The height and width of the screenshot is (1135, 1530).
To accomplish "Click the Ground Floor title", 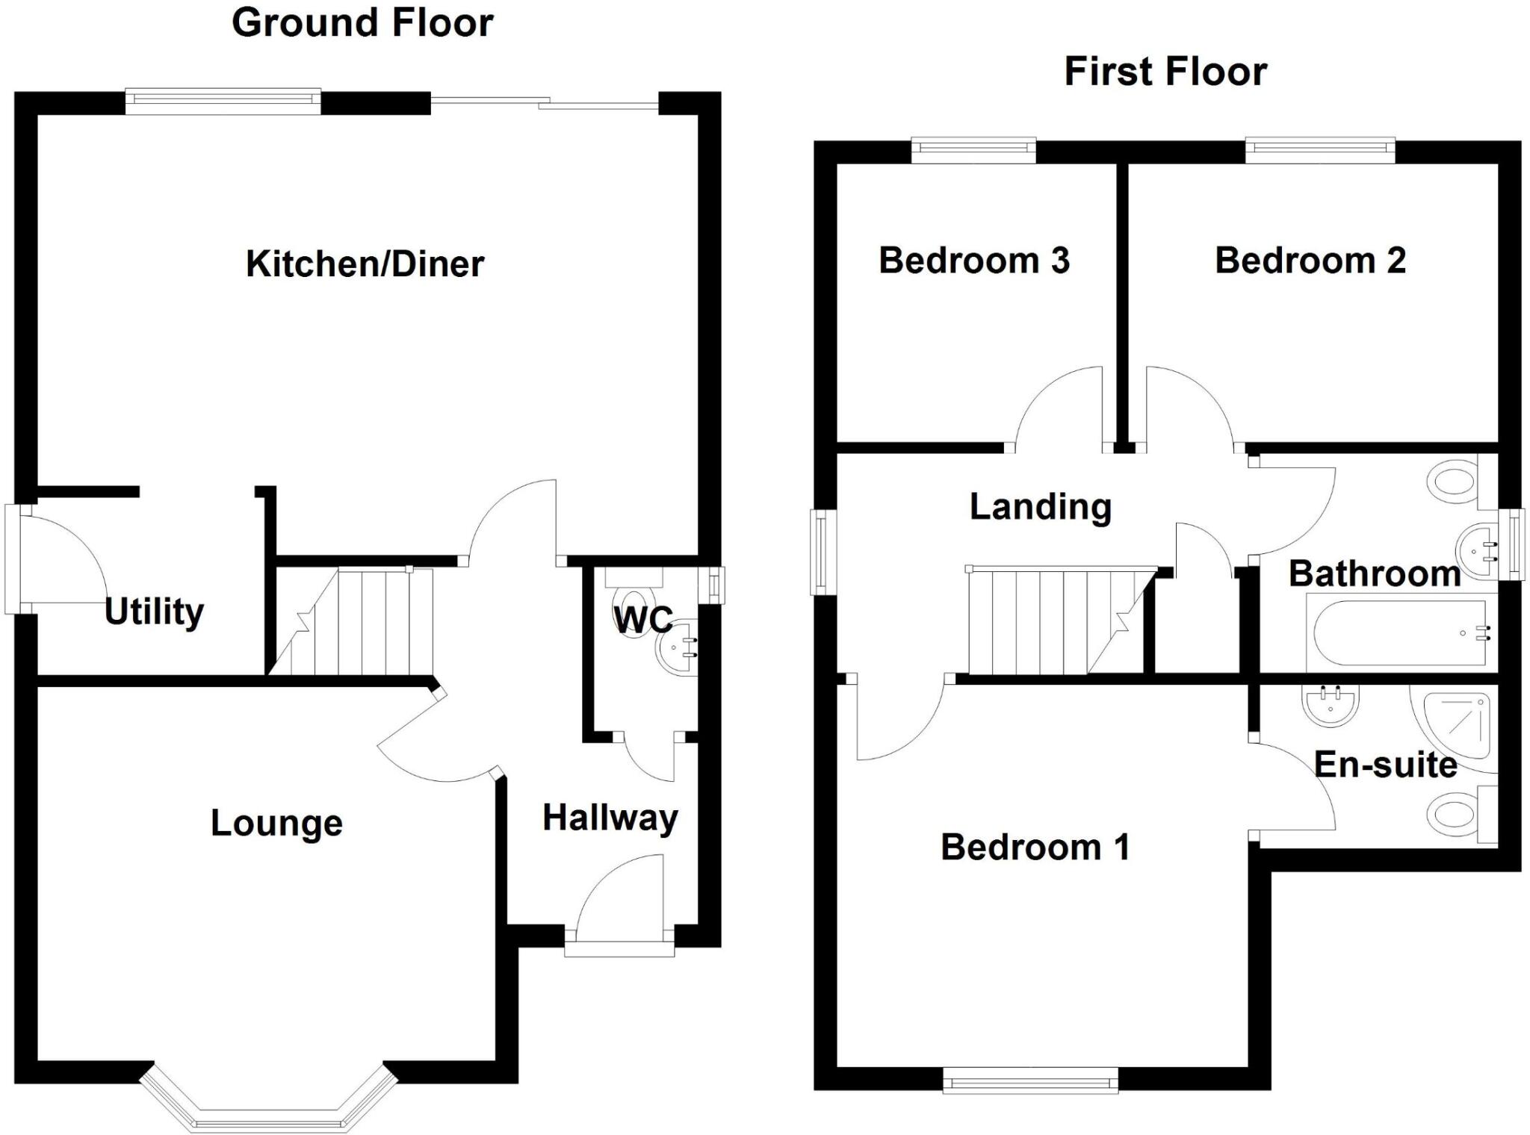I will coord(362,22).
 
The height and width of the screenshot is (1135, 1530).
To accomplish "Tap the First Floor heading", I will coord(1165,72).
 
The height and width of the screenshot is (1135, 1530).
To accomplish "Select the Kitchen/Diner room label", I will coord(365,264).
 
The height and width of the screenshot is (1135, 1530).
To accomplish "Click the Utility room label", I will coord(154,612).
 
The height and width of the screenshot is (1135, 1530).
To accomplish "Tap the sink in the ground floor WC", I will coord(678,647).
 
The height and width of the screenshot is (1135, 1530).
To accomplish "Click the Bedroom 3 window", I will coord(973,150).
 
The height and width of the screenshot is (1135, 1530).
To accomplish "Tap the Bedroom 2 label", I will coord(1310,261).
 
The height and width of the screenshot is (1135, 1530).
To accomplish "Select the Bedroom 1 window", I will coord(1030,1080).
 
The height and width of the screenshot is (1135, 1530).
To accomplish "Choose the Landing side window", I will coord(822,552).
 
